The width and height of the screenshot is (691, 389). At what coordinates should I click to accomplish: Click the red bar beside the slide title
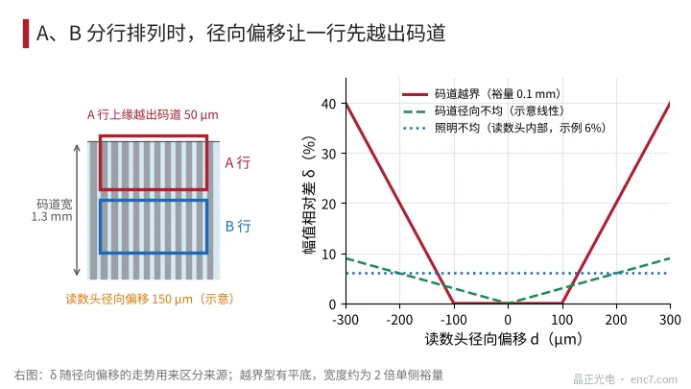(x=26, y=33)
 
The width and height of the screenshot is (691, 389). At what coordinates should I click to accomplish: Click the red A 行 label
(x=238, y=162)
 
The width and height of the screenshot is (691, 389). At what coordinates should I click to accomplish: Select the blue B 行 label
(x=238, y=227)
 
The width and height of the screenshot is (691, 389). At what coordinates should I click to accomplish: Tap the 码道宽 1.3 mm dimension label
(x=52, y=210)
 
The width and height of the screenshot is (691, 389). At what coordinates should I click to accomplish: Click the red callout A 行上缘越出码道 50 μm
(x=153, y=114)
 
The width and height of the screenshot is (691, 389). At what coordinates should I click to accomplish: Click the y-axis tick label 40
(x=329, y=104)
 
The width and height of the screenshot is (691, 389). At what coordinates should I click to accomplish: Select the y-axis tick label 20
(x=329, y=204)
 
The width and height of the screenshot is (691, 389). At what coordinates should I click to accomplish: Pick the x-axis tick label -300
(x=345, y=319)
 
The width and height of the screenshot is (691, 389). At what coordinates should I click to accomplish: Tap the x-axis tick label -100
(x=454, y=319)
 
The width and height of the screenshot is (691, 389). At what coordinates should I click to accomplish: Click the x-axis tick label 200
(x=616, y=319)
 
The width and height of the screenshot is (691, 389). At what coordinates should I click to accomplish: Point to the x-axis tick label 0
(x=508, y=319)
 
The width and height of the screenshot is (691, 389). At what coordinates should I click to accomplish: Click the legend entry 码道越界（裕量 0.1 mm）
(x=481, y=94)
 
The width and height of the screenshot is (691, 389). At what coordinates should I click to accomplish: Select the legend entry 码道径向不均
(x=483, y=110)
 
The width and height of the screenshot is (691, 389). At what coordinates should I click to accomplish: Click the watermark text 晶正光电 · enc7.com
(x=625, y=378)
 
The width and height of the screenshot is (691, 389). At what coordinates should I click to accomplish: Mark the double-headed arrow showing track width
(x=77, y=210)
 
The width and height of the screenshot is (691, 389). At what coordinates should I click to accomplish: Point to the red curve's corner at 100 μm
(x=562, y=303)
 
